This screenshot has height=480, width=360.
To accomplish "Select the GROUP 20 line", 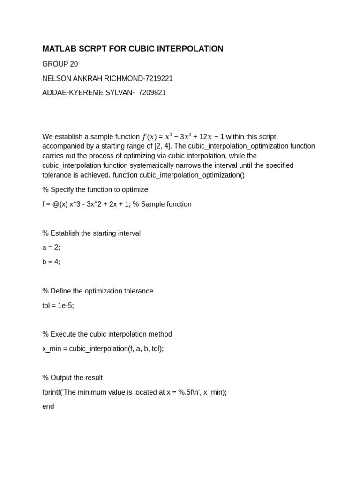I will tap(60, 64).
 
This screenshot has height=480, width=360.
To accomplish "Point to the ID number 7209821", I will tap(152, 93).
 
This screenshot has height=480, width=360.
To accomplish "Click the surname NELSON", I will tap(55, 78).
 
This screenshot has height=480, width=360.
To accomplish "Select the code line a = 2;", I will tap(51, 247).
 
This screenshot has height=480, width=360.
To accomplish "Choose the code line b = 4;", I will tap(51, 262).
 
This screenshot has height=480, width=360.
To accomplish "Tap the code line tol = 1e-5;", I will tap(58, 306).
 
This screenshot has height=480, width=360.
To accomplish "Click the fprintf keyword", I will tap(51, 392).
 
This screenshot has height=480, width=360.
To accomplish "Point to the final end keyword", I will tap(48, 406).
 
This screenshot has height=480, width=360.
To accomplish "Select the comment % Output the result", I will tap(72, 378).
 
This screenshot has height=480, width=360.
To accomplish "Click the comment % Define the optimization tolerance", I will tap(97, 291).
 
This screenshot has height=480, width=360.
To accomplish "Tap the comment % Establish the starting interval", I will tap(91, 233).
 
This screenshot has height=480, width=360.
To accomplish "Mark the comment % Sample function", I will tap(162, 204).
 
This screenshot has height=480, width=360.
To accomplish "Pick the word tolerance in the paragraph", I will tap(57, 175).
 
